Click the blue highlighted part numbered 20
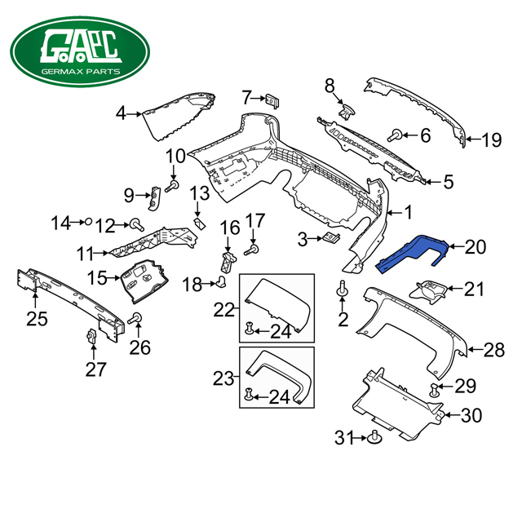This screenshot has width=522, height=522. tap(412, 250)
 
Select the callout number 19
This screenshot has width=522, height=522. tap(490, 140)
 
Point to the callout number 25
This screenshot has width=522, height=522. tap(37, 318)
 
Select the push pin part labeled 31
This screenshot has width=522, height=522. tap(374, 436)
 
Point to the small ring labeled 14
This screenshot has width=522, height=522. tap(86, 221)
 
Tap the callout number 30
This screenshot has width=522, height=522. tap(471, 416)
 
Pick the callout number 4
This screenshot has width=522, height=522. tap(121, 113)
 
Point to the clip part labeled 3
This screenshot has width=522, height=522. tap(331, 238)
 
